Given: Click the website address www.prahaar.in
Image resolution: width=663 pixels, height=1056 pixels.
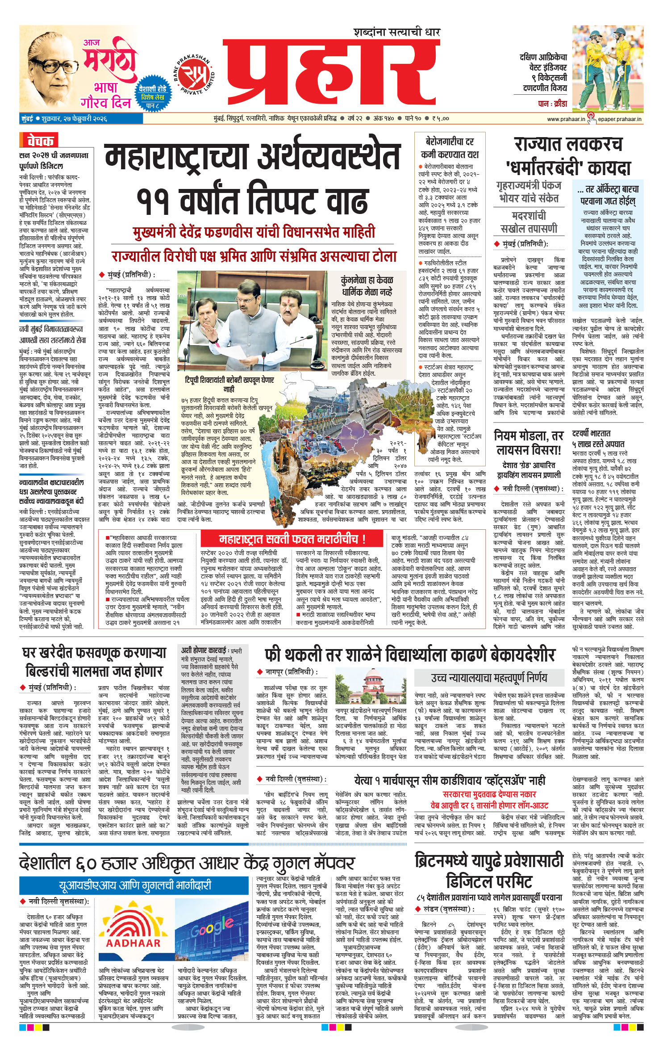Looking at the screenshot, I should pos(566,119).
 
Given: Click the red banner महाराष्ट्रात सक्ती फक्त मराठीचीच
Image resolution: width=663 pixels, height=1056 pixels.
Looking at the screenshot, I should pos(292,539).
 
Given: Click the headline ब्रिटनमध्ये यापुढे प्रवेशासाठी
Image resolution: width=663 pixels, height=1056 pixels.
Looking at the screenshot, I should pos(488,860).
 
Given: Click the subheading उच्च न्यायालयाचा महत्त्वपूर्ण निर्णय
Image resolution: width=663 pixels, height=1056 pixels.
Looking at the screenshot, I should pos(489,678).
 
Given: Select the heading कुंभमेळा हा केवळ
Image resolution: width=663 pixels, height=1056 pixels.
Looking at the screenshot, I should pos(366,281).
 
